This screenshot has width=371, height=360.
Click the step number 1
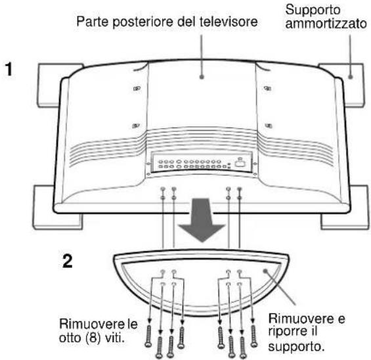(x=10, y=68)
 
